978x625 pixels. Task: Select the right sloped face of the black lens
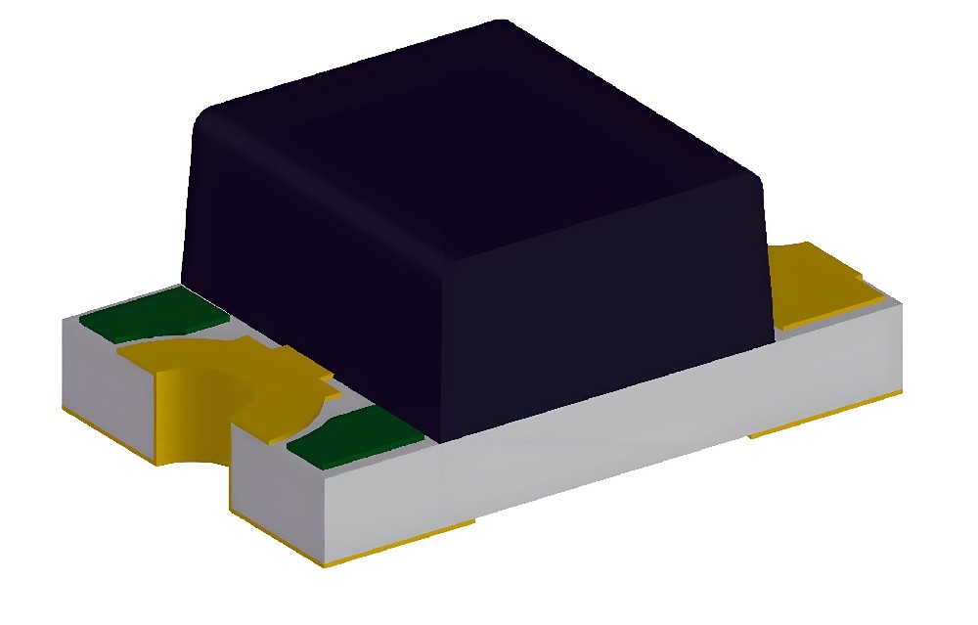(606, 313)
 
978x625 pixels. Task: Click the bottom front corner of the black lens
(440, 439)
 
